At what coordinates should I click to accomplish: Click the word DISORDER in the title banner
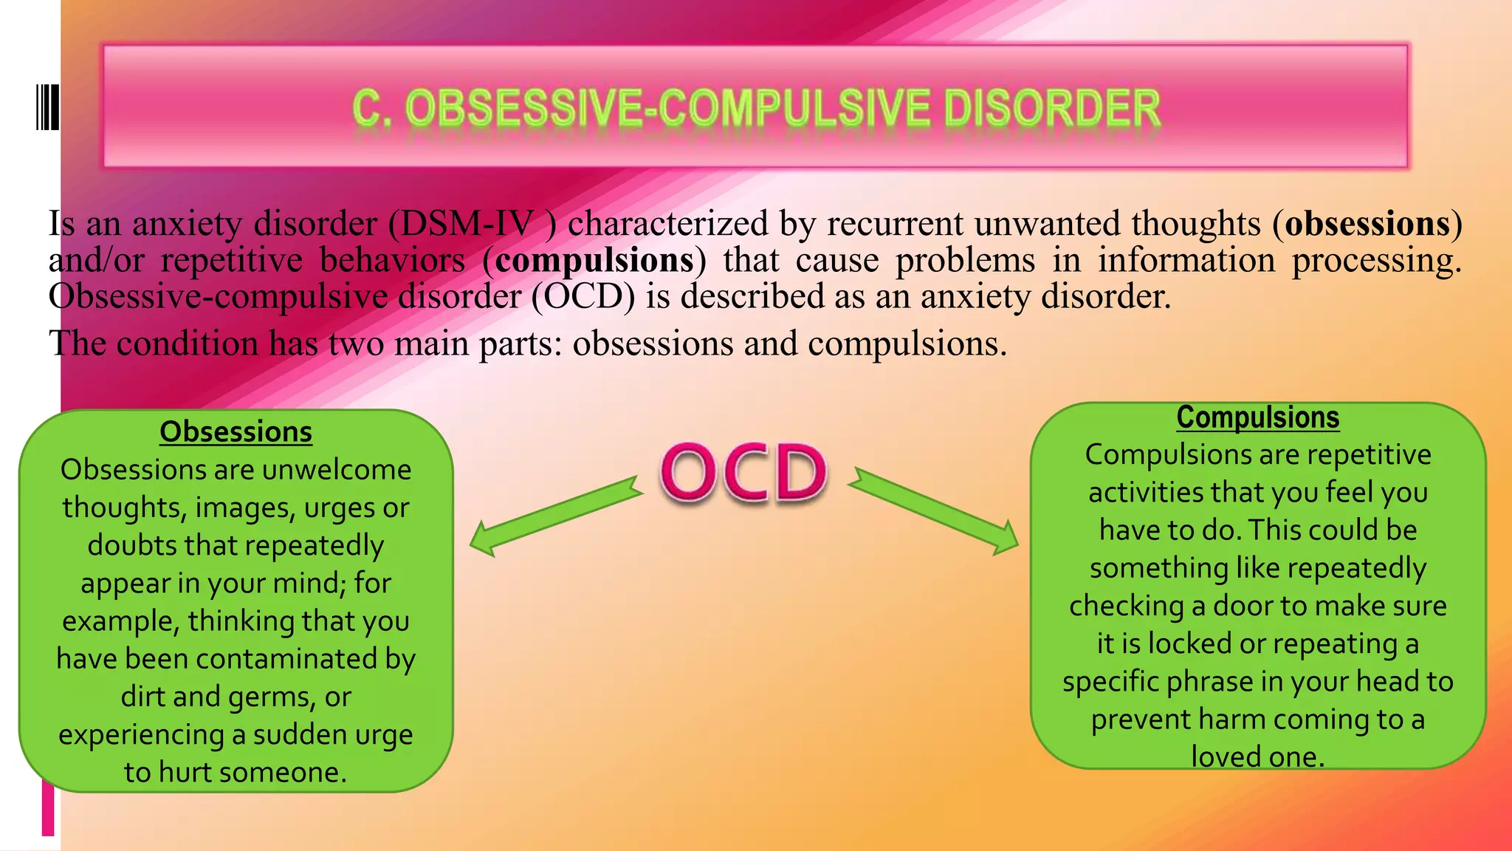tap(1052, 109)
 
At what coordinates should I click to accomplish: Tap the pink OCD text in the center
tap(743, 474)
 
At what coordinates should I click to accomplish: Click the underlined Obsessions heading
tap(236, 432)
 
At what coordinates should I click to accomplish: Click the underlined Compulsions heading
tap(1257, 417)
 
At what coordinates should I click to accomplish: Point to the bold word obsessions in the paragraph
tap(1367, 224)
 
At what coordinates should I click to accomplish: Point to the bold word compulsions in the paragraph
tap(594, 260)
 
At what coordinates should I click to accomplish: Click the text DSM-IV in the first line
tap(467, 224)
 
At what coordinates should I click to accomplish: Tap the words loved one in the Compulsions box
tap(1257, 757)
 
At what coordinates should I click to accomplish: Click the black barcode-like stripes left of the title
tap(47, 108)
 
